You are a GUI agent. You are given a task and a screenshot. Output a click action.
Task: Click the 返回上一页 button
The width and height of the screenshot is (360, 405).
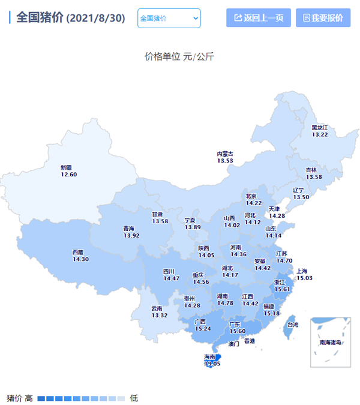259,18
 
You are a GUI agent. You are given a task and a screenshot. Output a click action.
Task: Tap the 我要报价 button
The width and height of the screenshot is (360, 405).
323,18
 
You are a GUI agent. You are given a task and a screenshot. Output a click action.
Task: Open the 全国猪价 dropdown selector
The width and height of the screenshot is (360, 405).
169,18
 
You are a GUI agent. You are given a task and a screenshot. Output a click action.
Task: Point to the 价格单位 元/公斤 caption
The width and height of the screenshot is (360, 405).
179,57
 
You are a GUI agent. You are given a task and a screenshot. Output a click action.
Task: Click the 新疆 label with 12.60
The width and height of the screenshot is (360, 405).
69,171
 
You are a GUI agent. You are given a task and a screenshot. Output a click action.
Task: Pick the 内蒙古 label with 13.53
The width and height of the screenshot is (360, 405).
225,157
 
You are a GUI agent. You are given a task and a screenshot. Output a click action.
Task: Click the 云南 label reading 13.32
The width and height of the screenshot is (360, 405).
159,312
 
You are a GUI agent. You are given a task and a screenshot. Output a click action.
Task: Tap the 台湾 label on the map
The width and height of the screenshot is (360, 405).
293,325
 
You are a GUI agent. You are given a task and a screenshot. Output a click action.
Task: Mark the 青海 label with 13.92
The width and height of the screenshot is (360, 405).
131,232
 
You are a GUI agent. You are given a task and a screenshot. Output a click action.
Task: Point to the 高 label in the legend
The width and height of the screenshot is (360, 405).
28,398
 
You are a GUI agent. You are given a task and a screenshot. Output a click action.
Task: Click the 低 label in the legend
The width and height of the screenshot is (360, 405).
134,398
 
